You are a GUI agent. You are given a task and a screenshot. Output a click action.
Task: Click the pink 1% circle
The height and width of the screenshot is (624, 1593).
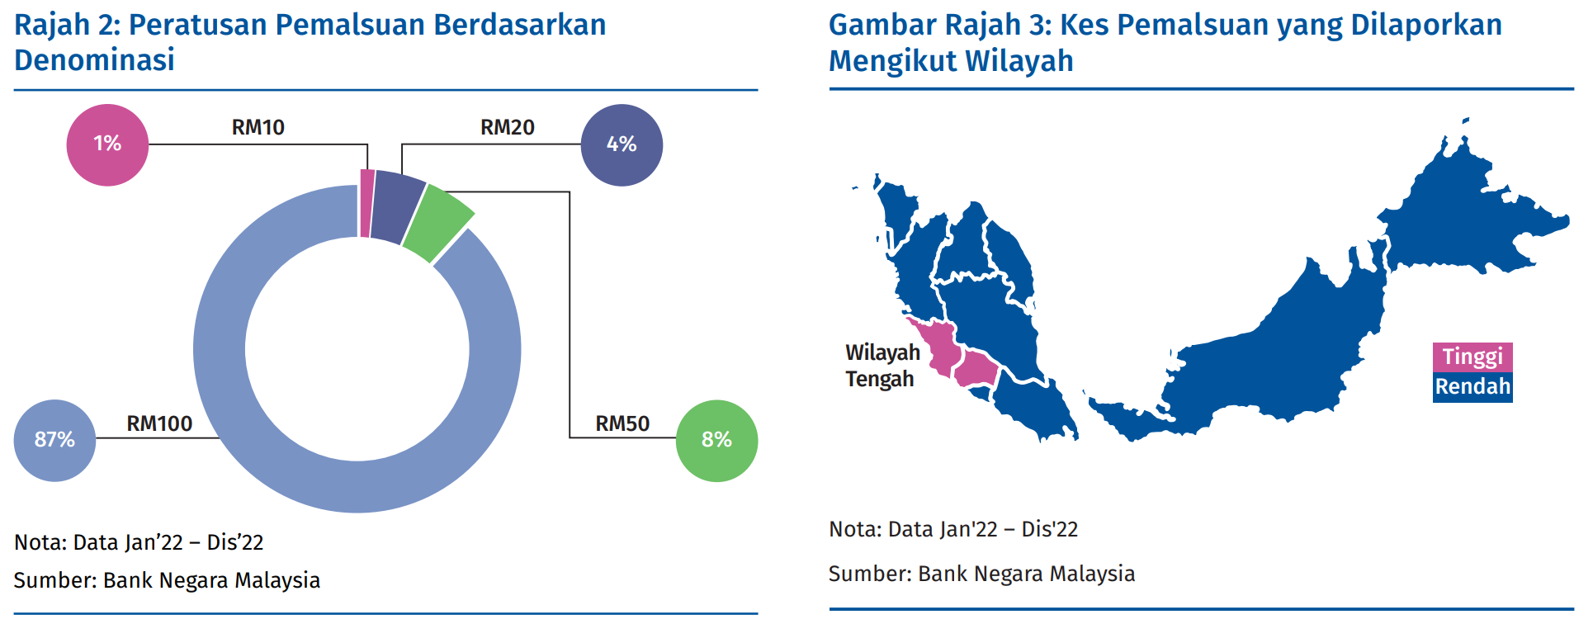tap(107, 144)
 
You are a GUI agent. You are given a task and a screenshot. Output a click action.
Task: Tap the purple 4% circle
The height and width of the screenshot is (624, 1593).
tap(622, 144)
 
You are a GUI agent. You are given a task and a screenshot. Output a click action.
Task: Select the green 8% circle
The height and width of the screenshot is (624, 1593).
tap(716, 441)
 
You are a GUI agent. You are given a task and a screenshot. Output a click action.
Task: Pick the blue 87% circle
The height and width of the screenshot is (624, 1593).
tap(54, 441)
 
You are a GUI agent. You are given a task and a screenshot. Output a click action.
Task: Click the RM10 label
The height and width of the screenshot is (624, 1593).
tap(258, 127)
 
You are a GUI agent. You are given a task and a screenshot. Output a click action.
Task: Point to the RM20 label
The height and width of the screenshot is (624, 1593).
tap(508, 127)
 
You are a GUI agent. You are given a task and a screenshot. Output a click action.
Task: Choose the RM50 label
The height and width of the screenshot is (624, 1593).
tap(622, 423)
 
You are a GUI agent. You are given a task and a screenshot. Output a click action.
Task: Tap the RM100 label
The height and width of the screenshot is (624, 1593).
tap(159, 423)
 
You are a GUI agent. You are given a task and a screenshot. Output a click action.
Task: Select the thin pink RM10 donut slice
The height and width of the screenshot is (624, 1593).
tap(366, 204)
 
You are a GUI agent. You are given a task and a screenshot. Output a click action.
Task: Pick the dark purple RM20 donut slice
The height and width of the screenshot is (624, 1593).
tap(396, 208)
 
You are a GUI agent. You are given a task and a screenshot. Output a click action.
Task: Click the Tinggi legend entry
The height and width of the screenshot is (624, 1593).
tap(1472, 357)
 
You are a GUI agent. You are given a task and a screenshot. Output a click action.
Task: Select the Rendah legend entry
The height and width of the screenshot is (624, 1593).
tap(1472, 387)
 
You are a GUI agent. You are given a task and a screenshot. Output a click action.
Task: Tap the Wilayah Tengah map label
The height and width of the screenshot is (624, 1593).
tap(882, 366)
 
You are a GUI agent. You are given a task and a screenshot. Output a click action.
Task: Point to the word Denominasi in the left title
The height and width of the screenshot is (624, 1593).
tap(95, 60)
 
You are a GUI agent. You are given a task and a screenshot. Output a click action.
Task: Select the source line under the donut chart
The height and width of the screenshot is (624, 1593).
tap(167, 580)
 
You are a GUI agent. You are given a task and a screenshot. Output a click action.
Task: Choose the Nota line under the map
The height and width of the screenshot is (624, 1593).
tap(953, 529)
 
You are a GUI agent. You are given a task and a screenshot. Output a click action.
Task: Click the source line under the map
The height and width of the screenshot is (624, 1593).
tap(981, 574)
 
